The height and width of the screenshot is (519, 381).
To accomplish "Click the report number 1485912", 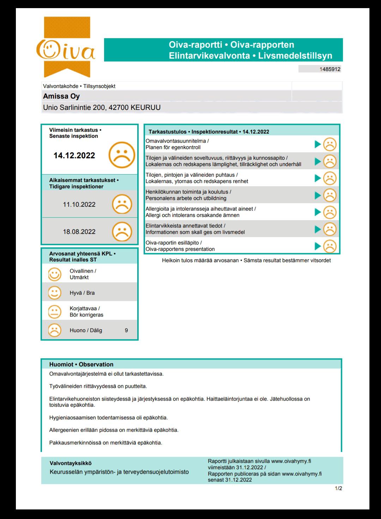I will point(330,69).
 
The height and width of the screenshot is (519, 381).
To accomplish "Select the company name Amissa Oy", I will point(61,96).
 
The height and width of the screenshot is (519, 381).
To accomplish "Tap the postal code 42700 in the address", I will point(119,107).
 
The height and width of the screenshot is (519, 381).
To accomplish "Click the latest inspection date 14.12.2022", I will point(74,155).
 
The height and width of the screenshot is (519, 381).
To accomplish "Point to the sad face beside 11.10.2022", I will point(122,205).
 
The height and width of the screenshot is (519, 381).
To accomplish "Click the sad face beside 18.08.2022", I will point(122,232).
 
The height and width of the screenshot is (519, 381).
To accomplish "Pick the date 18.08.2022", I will point(79,232).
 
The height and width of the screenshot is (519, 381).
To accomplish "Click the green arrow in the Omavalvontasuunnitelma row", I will point(318,144).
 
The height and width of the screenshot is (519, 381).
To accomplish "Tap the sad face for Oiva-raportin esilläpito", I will point(330,246).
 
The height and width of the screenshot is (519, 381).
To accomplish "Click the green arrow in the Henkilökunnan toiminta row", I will point(318,195).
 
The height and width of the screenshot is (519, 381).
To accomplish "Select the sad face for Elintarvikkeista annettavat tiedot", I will point(330,229).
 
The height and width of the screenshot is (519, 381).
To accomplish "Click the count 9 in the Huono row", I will point(126,330).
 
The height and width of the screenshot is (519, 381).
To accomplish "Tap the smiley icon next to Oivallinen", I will point(54,274).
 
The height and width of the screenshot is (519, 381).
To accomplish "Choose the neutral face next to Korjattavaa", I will point(54,311).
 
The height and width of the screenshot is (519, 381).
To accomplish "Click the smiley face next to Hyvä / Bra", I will point(54,293).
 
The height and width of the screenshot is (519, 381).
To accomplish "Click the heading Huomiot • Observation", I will point(81,364).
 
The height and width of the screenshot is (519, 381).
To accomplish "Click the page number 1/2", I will point(338,489).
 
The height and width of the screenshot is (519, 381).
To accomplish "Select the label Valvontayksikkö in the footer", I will point(71,463).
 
